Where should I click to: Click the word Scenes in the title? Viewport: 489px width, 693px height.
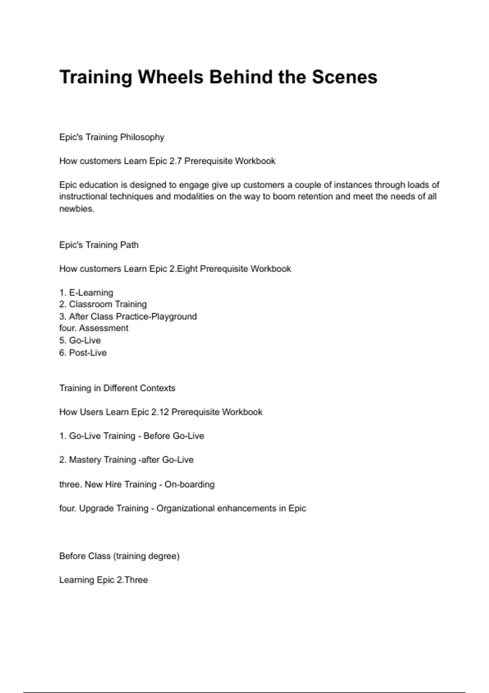tap(344, 77)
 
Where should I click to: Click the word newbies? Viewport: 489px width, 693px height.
tap(77, 209)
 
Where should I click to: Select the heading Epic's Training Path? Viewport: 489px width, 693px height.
tap(99, 245)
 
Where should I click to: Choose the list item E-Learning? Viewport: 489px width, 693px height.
tap(91, 293)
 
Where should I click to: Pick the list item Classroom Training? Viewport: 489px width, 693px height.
tap(108, 305)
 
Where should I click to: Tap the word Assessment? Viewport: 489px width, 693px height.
tap(104, 329)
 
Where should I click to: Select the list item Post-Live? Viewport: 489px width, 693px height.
tap(88, 353)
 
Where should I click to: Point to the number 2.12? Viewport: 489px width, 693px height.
tap(160, 412)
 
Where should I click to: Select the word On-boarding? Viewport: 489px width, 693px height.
tap(189, 485)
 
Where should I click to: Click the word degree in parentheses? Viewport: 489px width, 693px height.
tap(163, 556)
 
